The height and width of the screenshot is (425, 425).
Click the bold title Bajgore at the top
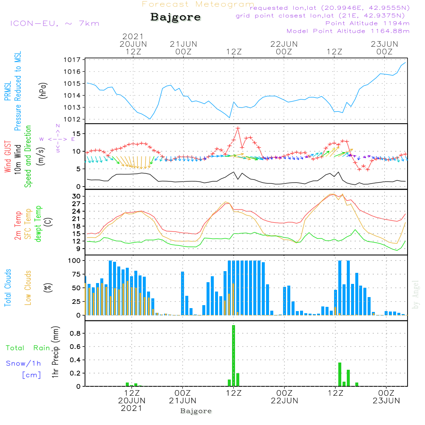click(176, 17)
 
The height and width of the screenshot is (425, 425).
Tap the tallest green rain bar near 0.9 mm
click(233, 356)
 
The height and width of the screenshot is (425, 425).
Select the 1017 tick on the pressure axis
click(72, 59)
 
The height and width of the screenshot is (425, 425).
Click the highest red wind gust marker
click(238, 128)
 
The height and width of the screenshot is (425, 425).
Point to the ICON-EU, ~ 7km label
click(55, 23)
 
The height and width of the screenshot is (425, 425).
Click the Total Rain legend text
click(28, 348)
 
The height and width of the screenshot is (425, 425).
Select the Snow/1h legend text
click(23, 363)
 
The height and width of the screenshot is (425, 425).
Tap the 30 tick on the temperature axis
click(76, 196)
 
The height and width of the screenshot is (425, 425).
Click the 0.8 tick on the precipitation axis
click(75, 333)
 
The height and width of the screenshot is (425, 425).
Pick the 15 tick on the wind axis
click(76, 133)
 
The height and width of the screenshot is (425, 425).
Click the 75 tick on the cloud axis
click(76, 274)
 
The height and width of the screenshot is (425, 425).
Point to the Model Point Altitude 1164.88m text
click(348, 31)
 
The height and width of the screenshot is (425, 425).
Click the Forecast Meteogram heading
click(198, 4)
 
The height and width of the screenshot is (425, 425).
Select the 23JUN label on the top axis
click(384, 44)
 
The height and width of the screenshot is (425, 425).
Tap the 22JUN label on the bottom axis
click(284, 401)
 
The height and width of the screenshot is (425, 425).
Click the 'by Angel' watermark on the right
click(416, 295)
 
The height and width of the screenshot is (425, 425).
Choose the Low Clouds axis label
click(28, 288)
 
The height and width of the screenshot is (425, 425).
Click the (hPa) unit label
click(43, 91)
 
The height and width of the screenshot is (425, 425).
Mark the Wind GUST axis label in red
click(8, 157)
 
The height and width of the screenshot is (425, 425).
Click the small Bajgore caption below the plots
click(196, 411)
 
